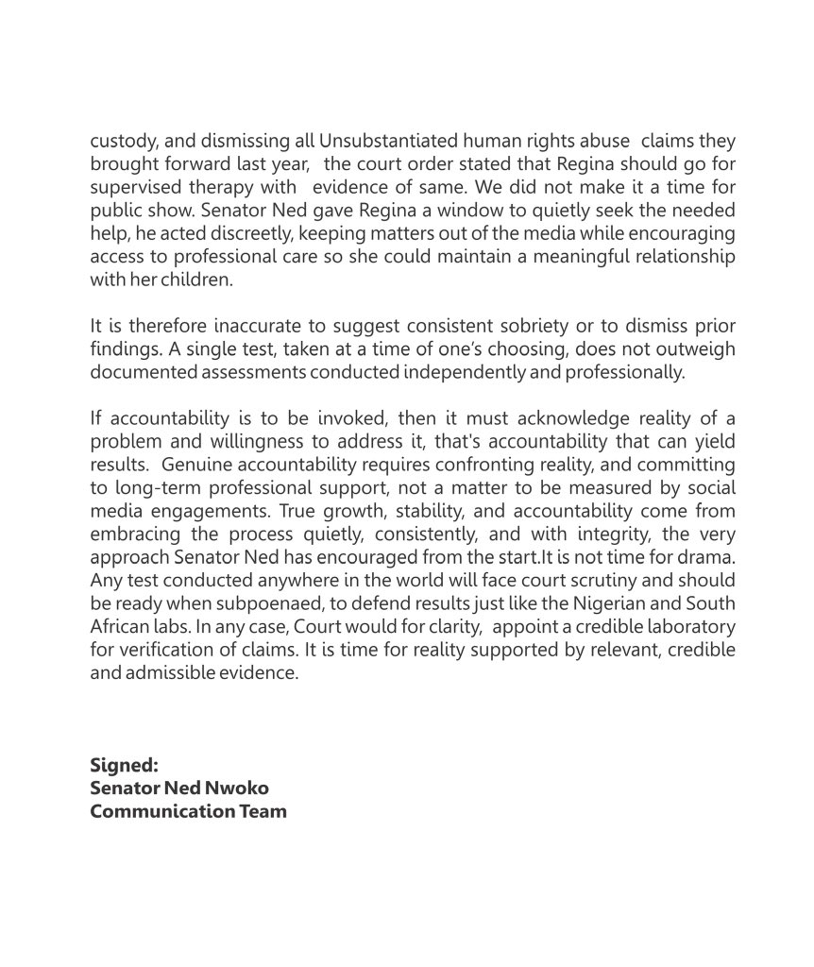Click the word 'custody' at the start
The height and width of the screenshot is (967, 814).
pos(122,141)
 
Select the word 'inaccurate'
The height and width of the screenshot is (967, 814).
pos(272,326)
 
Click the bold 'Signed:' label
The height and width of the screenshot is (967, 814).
pos(124,765)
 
